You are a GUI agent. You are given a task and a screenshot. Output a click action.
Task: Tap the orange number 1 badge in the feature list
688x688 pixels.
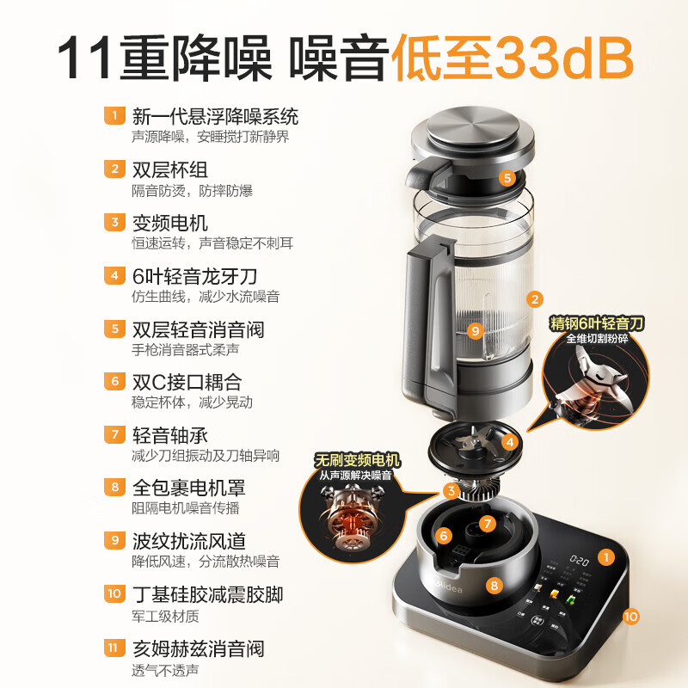(x=113, y=116)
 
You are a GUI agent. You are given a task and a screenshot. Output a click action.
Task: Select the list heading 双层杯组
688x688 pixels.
(x=170, y=169)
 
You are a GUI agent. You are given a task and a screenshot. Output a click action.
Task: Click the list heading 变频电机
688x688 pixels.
(x=170, y=223)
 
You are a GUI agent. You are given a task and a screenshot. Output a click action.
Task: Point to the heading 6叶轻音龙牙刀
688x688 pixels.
(x=195, y=276)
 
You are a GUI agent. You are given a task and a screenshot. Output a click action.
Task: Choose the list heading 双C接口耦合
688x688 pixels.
(x=187, y=382)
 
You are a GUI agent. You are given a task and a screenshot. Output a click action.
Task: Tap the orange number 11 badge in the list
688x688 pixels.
(x=113, y=648)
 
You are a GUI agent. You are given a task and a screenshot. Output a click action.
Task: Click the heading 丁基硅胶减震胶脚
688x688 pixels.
(x=207, y=594)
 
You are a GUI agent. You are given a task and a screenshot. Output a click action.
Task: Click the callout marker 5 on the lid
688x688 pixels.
(x=507, y=178)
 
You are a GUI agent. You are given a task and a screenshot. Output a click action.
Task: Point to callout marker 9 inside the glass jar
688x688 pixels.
(x=475, y=329)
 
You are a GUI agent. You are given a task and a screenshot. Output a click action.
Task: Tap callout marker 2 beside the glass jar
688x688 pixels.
(x=535, y=299)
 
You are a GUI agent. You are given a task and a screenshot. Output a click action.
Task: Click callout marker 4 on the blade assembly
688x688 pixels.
(x=510, y=443)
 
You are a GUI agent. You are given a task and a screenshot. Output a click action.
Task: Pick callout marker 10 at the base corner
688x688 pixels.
(x=630, y=616)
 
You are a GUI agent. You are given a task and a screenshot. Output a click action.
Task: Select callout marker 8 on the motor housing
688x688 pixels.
(x=494, y=586)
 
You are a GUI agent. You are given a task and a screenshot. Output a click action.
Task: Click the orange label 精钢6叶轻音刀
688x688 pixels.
(x=597, y=323)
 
